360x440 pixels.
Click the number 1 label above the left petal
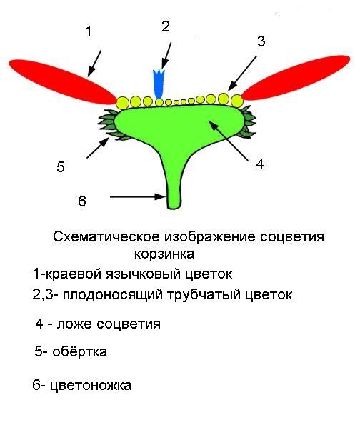[x=89, y=31]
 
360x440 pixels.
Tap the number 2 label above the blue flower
[x=166, y=26]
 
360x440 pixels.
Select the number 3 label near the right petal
[x=261, y=41]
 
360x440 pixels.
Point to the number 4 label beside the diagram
[x=260, y=164]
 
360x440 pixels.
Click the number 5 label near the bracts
[x=61, y=166]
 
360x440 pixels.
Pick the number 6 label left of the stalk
[x=81, y=201]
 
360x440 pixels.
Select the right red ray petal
[x=296, y=78]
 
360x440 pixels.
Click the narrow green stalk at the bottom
[x=174, y=185]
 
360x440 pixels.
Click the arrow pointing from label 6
[x=137, y=196]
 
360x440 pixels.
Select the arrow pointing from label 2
[x=166, y=56]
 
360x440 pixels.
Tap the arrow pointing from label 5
[x=98, y=148]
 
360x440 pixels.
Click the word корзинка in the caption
[x=164, y=254]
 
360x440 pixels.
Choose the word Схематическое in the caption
[x=106, y=236]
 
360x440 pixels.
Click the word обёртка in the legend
[x=80, y=351]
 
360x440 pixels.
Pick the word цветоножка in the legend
[x=91, y=385]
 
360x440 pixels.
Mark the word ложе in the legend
[x=74, y=324]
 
